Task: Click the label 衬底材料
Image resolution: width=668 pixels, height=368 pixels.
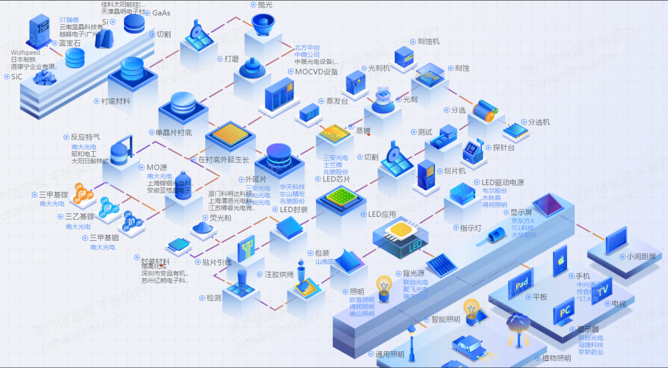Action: tap(116, 101)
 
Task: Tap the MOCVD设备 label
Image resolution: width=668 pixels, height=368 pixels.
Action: tap(316, 72)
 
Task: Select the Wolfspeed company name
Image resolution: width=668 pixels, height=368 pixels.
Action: tap(25, 53)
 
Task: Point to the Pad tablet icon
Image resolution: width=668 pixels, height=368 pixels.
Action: tap(521, 285)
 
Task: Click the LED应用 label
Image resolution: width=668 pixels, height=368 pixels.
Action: tap(382, 215)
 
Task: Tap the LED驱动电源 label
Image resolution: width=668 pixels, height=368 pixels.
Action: tap(503, 183)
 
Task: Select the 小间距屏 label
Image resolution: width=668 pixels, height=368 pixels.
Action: tap(641, 257)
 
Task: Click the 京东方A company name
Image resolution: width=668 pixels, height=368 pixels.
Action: tap(523, 221)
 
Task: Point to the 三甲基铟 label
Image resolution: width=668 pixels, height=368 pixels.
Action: tap(100, 238)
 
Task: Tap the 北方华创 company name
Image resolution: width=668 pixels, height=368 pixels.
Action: tap(307, 47)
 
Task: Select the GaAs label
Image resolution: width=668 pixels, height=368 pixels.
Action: tap(161, 13)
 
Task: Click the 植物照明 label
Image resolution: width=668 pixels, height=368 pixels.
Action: tap(556, 359)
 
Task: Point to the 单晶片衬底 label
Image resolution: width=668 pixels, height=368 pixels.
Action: tap(174, 133)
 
